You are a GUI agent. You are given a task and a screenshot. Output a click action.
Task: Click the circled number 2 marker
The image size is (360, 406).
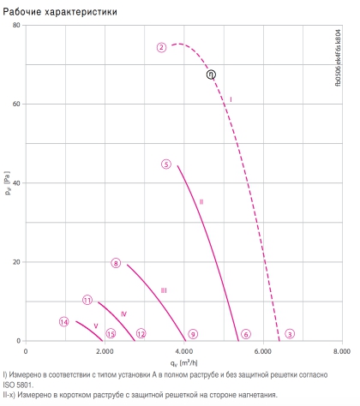click(161, 47)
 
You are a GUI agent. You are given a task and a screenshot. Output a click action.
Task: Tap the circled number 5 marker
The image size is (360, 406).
click(166, 164)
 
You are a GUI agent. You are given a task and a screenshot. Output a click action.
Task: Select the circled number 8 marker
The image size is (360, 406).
click(116, 263)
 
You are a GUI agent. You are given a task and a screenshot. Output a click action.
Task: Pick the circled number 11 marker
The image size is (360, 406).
click(87, 300)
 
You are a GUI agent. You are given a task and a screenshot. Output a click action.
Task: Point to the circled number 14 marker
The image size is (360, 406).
click(64, 322)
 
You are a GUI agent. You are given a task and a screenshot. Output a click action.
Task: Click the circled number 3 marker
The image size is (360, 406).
click(290, 334)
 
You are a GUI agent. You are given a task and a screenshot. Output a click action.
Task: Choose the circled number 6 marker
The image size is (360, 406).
click(246, 334)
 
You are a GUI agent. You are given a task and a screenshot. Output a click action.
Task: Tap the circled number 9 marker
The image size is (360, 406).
click(193, 334)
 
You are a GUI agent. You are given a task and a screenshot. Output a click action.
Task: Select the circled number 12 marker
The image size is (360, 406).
click(141, 333)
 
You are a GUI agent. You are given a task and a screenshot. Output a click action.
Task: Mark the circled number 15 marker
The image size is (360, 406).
click(111, 333)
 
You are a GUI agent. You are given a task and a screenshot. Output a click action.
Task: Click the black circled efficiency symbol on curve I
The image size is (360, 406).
click(211, 75)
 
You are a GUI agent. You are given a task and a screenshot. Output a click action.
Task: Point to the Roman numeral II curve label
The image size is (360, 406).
click(201, 202)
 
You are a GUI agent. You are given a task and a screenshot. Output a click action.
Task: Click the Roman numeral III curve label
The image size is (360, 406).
click(164, 290)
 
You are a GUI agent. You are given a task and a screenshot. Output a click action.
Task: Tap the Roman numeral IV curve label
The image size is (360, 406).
click(123, 314)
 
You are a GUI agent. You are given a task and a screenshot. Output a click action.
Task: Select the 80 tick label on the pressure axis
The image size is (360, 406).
click(16, 25)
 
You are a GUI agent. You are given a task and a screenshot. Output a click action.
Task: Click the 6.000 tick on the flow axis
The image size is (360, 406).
click(263, 351)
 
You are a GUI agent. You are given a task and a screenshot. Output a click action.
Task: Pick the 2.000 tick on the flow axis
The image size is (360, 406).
click(105, 351)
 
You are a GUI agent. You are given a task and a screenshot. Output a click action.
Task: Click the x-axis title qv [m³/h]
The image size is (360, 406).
click(184, 363)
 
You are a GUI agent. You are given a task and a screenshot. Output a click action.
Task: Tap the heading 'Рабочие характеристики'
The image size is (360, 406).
click(60, 12)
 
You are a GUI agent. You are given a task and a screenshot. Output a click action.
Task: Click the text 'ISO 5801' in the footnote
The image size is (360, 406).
click(18, 385)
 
